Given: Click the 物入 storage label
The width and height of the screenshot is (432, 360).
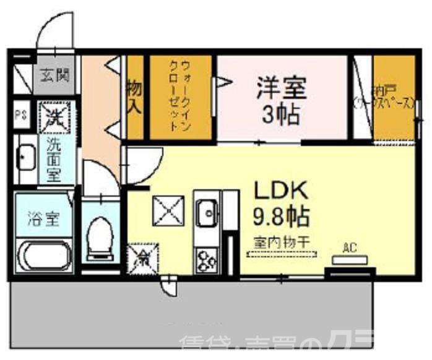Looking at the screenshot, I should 134,97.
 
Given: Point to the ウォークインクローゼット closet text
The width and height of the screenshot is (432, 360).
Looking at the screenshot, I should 181,97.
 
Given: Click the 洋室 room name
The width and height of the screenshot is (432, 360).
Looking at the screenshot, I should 282,88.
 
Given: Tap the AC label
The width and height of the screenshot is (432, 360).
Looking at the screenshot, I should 350,249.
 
